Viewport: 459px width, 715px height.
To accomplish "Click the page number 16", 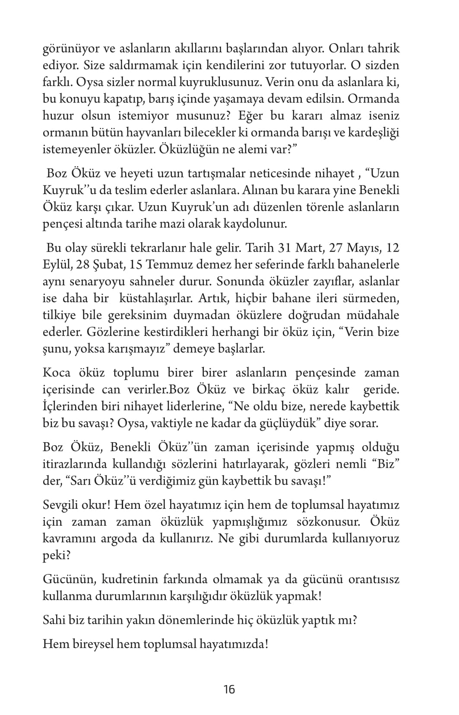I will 229,689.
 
